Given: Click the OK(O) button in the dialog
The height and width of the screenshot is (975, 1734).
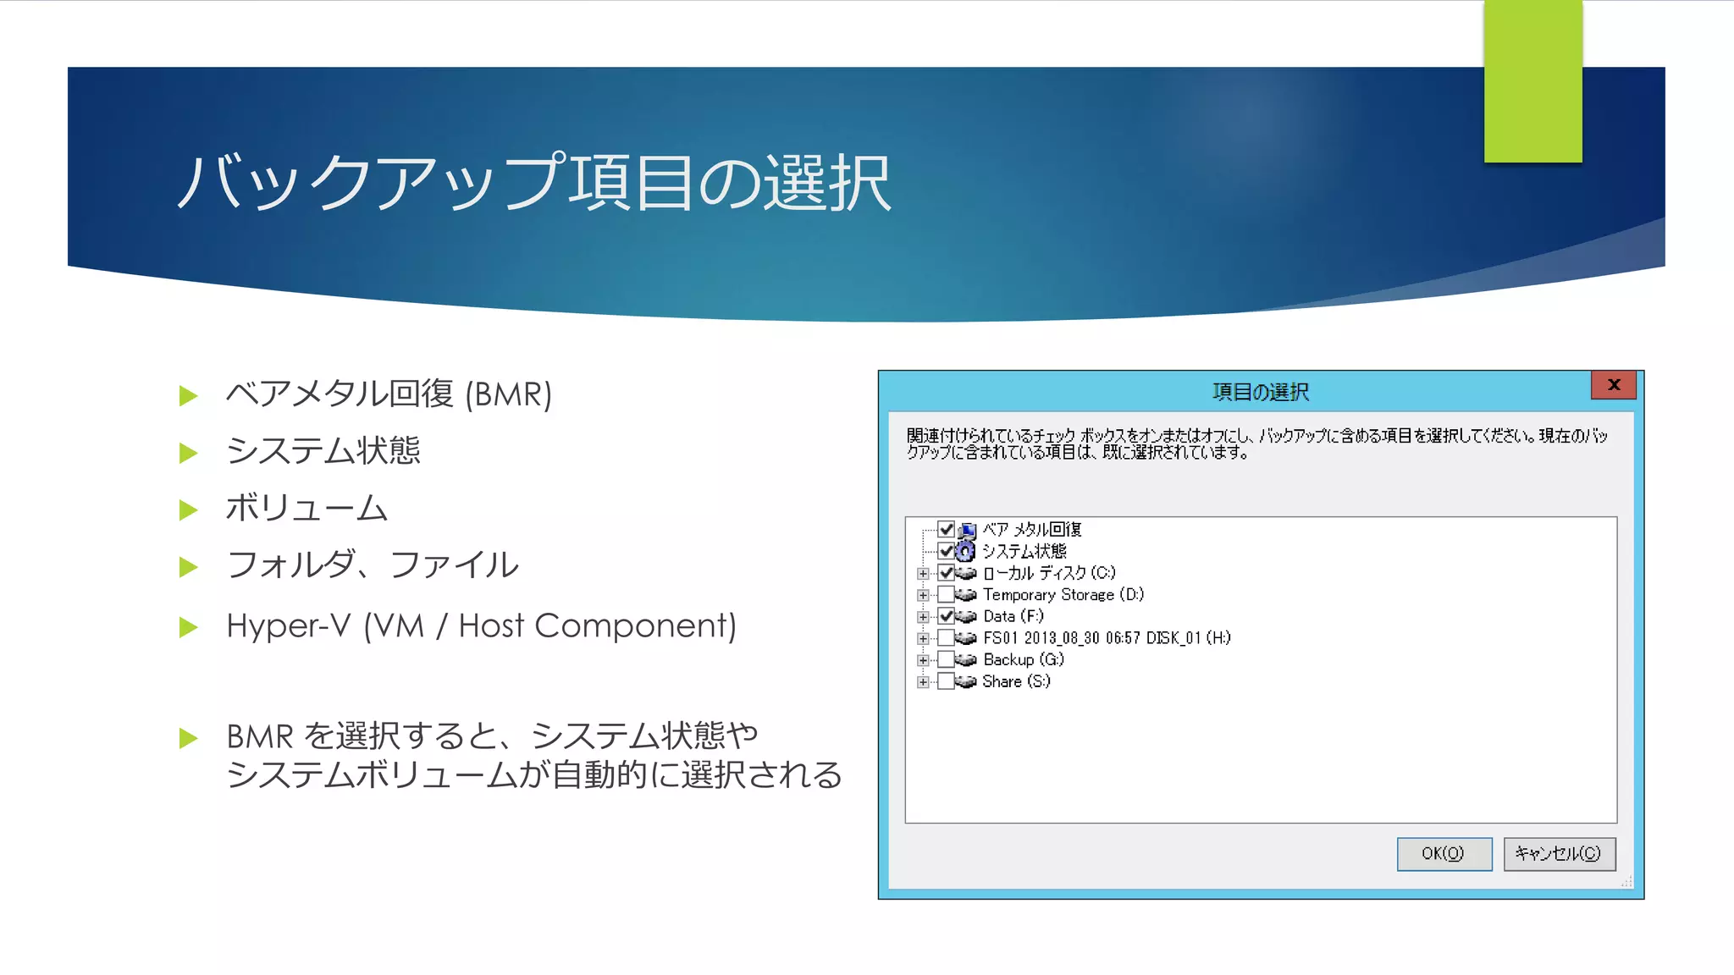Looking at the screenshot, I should (1444, 853).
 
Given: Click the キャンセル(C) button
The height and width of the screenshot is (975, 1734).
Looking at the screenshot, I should (1559, 853).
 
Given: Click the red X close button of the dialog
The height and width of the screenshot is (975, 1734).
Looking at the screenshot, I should (1614, 385).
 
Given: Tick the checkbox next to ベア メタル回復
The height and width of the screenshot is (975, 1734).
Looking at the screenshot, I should (947, 530).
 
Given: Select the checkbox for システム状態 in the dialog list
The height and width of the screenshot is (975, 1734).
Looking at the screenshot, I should (947, 552).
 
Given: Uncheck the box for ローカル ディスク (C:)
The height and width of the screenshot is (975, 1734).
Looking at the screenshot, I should (947, 573).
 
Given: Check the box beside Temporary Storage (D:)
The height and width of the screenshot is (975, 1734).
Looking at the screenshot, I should (947, 595).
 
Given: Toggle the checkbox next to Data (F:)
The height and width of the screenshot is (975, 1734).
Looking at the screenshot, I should (947, 616).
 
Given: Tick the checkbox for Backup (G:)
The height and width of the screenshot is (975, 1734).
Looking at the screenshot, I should (947, 660).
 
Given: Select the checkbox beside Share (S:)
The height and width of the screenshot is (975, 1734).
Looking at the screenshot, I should (947, 681).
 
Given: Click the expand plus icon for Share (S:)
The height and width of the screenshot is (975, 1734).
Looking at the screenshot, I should (923, 682).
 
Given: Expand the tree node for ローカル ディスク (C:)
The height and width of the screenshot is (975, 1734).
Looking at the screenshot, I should (923, 574).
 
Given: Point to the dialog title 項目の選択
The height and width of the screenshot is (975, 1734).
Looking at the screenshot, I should (1260, 392).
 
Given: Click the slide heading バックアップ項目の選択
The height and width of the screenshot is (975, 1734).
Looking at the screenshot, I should (533, 183).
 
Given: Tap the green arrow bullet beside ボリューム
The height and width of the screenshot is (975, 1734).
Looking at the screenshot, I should (189, 510).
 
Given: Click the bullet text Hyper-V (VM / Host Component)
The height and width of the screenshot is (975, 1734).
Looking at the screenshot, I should (481, 626).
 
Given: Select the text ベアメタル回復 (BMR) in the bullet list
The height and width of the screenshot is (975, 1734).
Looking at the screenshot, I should (389, 394).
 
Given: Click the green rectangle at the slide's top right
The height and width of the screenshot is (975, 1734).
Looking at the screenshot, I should (1532, 81).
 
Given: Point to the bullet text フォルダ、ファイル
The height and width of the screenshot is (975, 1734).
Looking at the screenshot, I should (373, 565).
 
